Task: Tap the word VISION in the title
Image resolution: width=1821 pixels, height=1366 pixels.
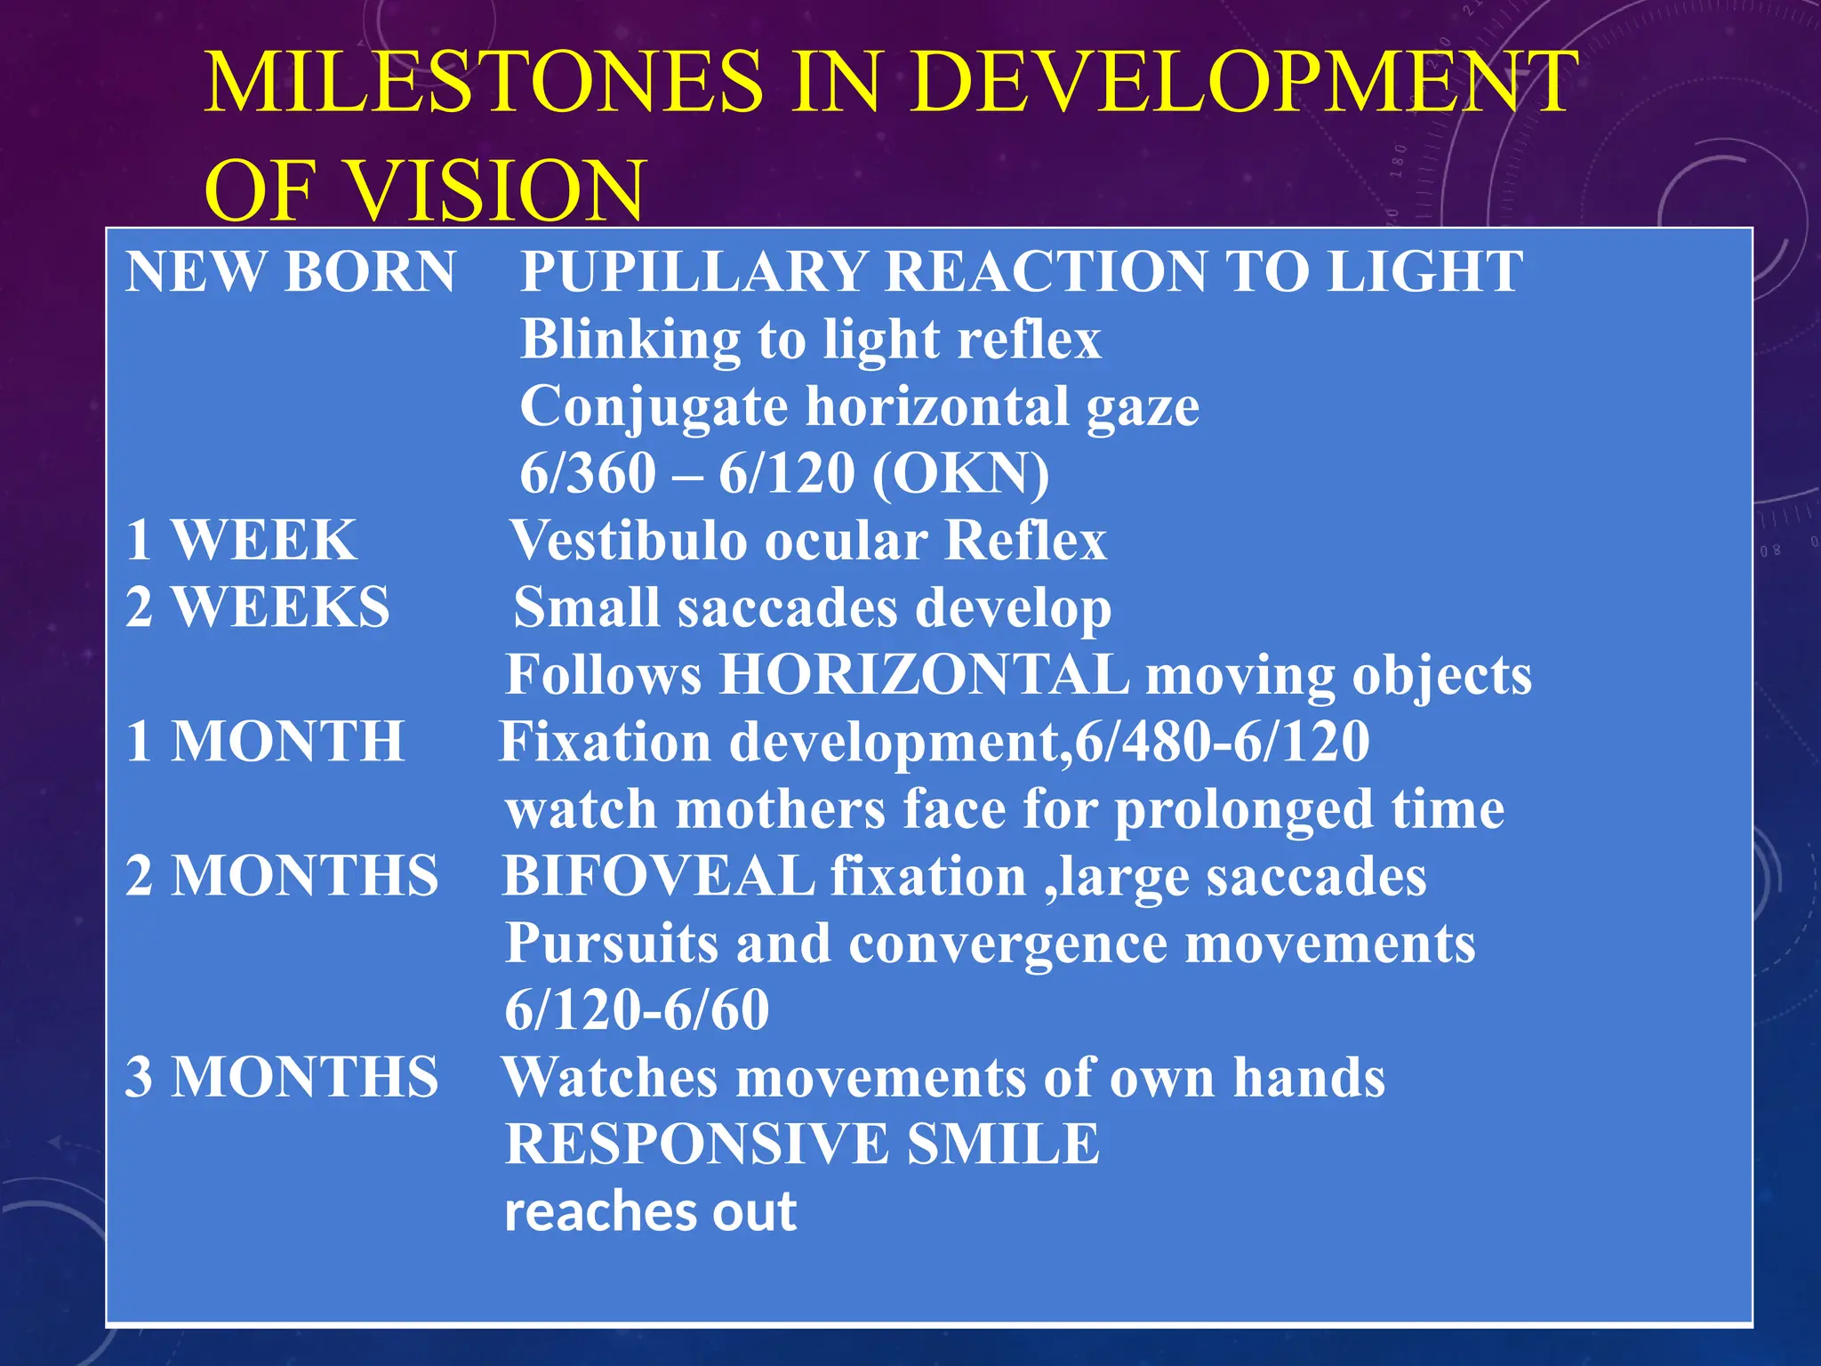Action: tap(494, 191)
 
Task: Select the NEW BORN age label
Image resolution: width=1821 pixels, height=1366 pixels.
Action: tap(290, 271)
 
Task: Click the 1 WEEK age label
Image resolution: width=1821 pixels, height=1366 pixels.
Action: tap(241, 540)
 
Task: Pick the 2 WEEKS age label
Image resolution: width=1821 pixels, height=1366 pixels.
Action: tap(258, 607)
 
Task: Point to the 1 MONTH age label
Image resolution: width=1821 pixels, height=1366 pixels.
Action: tap(265, 742)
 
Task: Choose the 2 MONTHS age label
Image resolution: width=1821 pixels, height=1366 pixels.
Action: tap(282, 876)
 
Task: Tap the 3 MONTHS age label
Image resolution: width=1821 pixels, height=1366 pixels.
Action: tap(282, 1077)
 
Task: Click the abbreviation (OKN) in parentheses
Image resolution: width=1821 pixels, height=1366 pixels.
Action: tap(960, 473)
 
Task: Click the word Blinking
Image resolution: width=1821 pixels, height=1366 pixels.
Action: tap(630, 339)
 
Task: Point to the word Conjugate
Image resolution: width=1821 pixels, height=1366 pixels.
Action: tap(654, 406)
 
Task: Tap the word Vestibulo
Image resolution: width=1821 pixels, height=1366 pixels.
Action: tap(629, 540)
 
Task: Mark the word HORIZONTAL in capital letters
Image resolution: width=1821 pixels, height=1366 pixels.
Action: tap(924, 675)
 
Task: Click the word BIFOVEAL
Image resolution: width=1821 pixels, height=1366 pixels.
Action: tap(658, 876)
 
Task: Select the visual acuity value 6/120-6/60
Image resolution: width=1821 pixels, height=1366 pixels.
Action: tap(637, 1010)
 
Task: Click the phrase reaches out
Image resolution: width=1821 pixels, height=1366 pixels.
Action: tap(650, 1211)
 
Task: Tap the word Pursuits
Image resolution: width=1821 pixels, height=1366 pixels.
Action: tap(611, 944)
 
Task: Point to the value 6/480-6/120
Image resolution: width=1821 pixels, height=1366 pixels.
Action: tap(1222, 742)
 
